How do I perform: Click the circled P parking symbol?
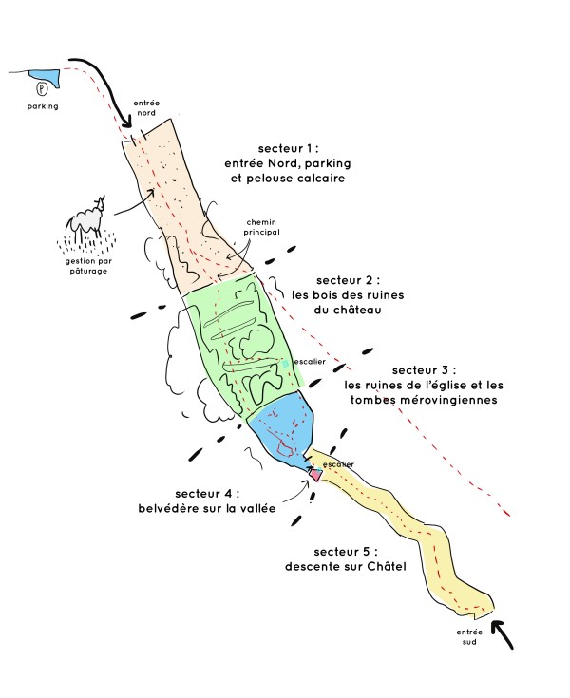42,89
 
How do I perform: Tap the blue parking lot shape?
45,77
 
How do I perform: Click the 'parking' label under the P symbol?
43,106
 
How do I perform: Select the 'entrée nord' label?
146,107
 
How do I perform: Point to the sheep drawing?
87,218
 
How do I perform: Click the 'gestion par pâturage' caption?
88,266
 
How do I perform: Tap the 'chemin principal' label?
261,227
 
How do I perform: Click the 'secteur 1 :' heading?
288,149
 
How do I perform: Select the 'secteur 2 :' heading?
349,280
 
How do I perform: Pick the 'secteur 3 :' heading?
424,370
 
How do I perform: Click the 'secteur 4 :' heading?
207,494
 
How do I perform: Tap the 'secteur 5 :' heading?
346,552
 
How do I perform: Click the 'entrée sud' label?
469,636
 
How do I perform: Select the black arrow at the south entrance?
502,634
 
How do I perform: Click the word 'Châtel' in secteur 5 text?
387,567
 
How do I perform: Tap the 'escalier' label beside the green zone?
310,362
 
